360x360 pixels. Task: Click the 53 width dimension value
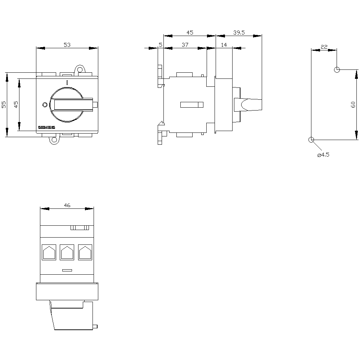tap(67, 45)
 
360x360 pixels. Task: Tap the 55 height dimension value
tap(4, 105)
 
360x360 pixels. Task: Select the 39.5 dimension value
tap(239, 33)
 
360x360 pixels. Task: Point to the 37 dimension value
tap(185, 45)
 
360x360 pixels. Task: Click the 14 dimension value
tap(224, 45)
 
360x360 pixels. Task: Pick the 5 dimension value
tap(161, 45)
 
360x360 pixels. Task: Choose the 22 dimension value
tap(324, 47)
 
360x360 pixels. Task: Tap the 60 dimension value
tap(353, 105)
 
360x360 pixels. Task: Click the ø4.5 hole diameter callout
tap(323, 155)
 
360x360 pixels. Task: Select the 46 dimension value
tap(67, 205)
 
